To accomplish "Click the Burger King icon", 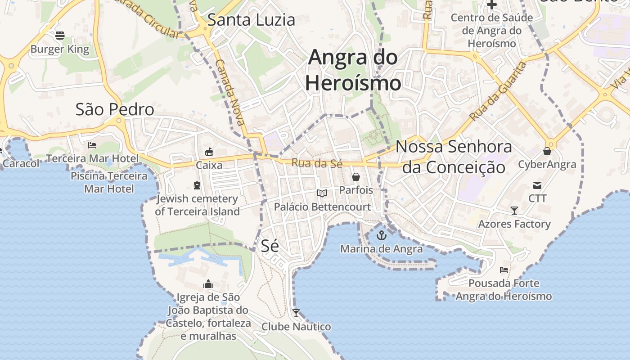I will point(60,35).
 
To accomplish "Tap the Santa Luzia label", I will point(251,20).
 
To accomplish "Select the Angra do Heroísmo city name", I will point(353,70).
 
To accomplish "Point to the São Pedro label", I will point(115,109).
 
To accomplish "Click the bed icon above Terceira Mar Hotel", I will point(92,145).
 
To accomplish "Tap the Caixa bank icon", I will point(209,152).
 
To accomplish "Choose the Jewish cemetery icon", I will point(197,185).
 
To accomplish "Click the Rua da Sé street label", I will point(317,163).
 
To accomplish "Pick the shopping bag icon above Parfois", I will point(356,176).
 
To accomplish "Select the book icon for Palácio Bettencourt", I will point(322,193).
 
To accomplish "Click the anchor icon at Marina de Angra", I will point(382,235).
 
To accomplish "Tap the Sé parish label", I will point(270,246).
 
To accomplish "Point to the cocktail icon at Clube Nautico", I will point(296,313).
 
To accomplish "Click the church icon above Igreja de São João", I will point(208,284).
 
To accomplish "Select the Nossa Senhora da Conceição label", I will point(454,157).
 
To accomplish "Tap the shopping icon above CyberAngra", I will point(547,151).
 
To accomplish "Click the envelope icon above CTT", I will point(537,185).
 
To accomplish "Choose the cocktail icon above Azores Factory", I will point(514,210).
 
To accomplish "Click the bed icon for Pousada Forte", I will point(504,270).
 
